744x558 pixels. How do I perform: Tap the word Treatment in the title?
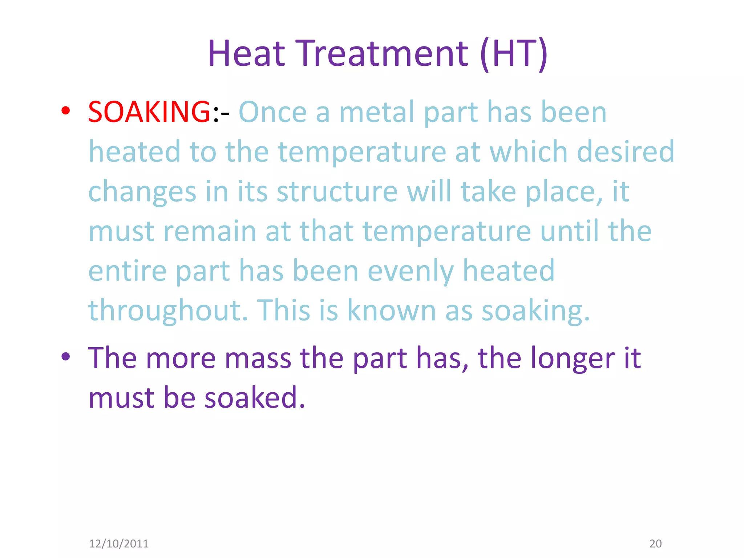pos(383,53)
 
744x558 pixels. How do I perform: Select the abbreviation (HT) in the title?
pos(514,53)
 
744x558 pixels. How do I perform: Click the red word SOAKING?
pos(149,112)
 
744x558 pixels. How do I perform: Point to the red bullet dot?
pos(65,110)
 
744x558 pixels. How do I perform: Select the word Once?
pos(272,112)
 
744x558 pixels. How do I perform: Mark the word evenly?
pos(411,271)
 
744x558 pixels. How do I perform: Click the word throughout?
pos(168,311)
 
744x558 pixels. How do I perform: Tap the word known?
pos(392,311)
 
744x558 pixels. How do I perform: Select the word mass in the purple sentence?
pos(258,358)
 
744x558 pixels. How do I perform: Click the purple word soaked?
pos(254,397)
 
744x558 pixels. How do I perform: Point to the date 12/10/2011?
pos(119,543)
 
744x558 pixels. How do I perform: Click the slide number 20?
pos(655,543)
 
